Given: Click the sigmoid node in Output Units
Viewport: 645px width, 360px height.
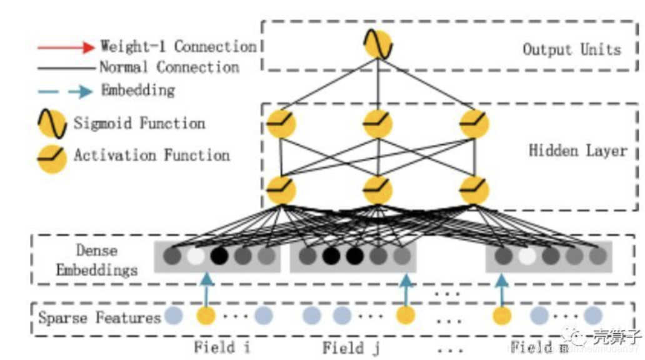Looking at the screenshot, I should [x=377, y=46].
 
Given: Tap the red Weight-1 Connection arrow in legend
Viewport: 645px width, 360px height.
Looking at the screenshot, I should [x=65, y=47].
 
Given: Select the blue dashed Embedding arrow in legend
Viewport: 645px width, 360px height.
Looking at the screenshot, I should [x=65, y=91].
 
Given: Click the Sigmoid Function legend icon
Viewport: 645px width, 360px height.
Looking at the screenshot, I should [x=52, y=124].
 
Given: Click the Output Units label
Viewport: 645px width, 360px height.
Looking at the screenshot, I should [x=571, y=49].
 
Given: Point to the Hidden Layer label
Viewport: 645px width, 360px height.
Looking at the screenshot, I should [x=577, y=151].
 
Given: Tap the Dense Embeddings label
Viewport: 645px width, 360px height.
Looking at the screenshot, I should [x=96, y=261].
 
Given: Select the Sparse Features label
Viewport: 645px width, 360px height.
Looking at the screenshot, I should [x=99, y=318].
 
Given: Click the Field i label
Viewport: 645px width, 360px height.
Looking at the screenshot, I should [x=222, y=347].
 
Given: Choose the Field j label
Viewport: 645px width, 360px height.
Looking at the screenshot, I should [x=351, y=347].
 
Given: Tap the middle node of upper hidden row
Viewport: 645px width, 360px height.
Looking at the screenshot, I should [x=377, y=123].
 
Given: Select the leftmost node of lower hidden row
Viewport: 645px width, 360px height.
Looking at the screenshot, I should [x=281, y=190].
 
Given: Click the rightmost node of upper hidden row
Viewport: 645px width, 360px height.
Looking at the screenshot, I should [x=474, y=123].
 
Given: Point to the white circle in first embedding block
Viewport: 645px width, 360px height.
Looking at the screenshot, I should [x=195, y=256].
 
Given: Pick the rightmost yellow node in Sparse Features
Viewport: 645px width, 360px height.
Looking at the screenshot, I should [x=501, y=316].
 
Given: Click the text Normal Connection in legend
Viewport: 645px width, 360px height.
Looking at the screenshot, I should [x=169, y=67].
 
